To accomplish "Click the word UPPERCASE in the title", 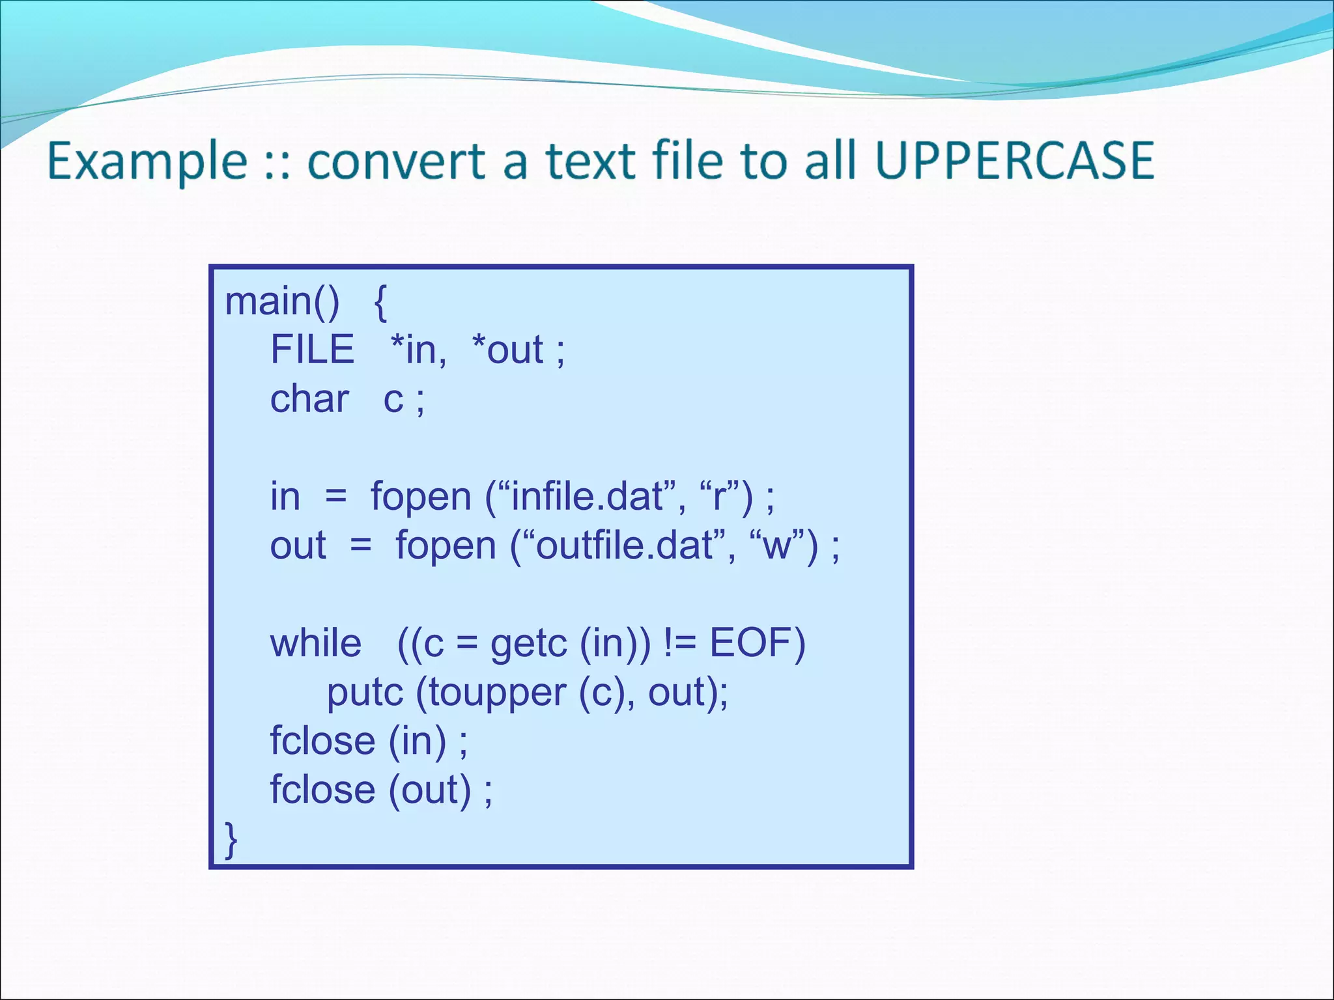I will point(1014,161).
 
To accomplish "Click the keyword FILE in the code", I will point(312,350).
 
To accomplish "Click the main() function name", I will point(282,301).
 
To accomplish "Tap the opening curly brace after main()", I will point(381,302).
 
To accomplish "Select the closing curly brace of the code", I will point(231,840).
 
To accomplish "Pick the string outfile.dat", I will point(623,546).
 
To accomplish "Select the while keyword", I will point(316,643).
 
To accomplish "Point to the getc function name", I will point(528,645).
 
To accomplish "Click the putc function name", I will point(365,693).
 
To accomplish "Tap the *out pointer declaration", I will point(507,350).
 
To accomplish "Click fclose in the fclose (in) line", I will point(322,741).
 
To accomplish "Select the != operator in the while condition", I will point(680,643).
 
